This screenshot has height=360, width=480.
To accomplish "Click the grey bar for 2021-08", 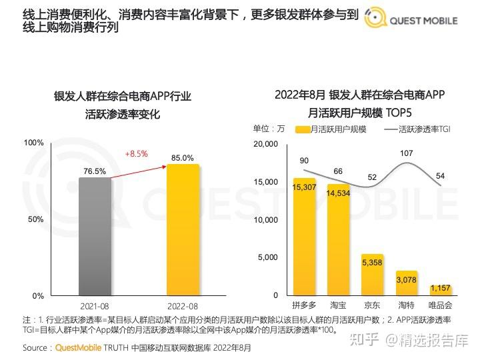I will pyautogui.click(x=95, y=236).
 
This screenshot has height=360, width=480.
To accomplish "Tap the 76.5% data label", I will pyautogui.click(x=95, y=171).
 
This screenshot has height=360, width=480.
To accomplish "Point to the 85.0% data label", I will pyautogui.click(x=183, y=158).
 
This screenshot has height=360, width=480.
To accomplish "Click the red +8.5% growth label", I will pyautogui.click(x=136, y=154).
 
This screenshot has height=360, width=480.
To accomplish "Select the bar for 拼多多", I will pyautogui.click(x=304, y=236).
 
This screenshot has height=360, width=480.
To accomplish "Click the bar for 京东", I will pyautogui.click(x=372, y=274).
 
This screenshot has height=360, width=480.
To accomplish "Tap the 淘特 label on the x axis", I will pyautogui.click(x=407, y=305).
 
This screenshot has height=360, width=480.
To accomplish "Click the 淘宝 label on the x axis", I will pyautogui.click(x=338, y=305).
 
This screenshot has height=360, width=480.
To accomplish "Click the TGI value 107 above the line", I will pyautogui.click(x=407, y=153).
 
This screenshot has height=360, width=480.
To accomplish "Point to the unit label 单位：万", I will pyautogui.click(x=269, y=129).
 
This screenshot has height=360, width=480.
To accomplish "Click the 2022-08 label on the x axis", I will pyautogui.click(x=183, y=306).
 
